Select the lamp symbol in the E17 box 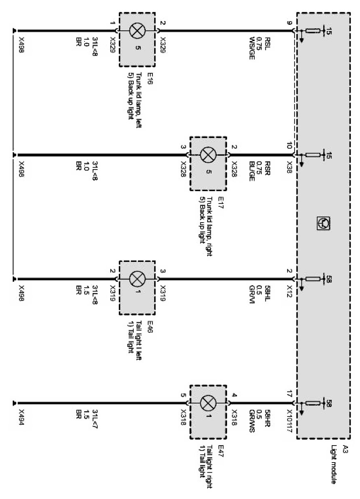pos(208,155)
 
